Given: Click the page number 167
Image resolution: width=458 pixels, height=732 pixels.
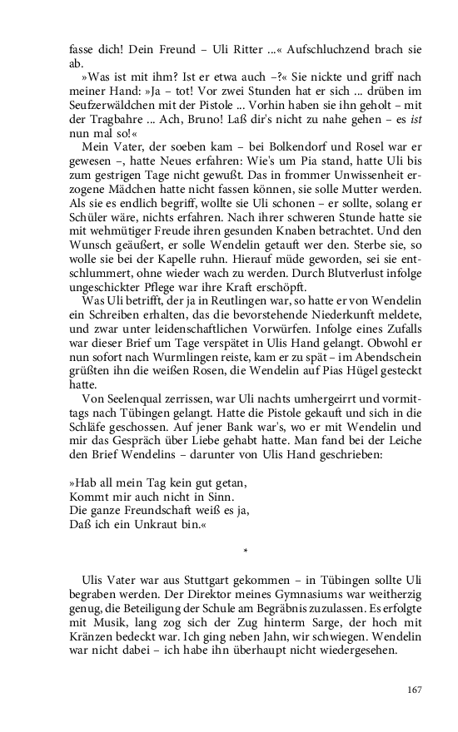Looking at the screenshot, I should point(415,690).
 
